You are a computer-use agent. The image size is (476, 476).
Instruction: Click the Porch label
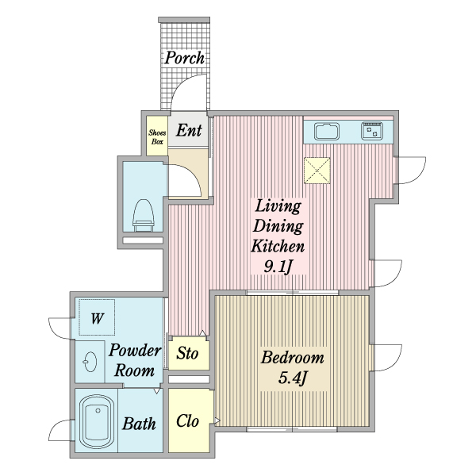pos(185,57)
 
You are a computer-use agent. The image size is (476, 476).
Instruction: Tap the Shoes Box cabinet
pos(156,136)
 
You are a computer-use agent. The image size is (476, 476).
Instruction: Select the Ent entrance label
pos(189,131)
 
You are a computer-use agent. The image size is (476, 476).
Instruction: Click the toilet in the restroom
pos(143,213)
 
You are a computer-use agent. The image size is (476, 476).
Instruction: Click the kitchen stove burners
pos(371,131)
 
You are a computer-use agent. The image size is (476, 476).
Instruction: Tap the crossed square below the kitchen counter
pos(317,169)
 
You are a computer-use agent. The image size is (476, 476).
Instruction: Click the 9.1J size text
pos(278,265)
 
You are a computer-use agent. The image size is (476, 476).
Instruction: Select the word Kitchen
pos(278,245)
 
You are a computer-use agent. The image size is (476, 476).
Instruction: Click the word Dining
pos(278,226)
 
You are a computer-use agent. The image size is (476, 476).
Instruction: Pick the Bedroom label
pos(293,357)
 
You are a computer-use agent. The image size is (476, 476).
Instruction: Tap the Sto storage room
pos(188,352)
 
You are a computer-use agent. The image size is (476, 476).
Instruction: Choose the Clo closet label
pos(187,420)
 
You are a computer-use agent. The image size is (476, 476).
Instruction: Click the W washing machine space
pos(96,319)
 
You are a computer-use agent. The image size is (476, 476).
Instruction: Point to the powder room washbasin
pos(89,363)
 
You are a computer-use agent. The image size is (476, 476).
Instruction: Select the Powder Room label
pos(135,360)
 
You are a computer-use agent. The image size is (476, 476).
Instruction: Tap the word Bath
pos(139,424)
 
